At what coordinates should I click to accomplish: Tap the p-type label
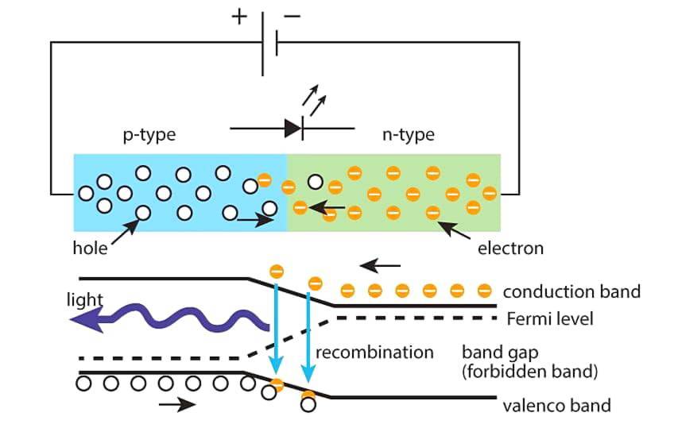point(149,135)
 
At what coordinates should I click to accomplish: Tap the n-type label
point(409,135)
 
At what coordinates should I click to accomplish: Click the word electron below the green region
point(510,249)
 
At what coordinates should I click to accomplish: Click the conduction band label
point(571,291)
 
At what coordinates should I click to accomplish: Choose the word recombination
point(374,352)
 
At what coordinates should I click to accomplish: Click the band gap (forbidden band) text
point(529,360)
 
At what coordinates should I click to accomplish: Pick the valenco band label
point(556,406)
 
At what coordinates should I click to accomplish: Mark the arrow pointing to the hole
point(123,231)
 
